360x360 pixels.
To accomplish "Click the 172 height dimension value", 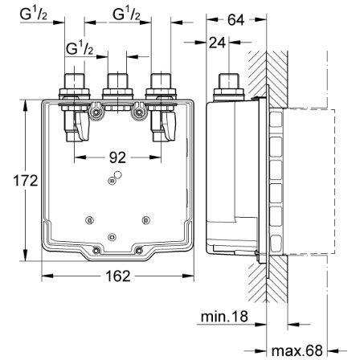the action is tap(26, 181).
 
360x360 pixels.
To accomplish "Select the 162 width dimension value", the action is tap(118, 276).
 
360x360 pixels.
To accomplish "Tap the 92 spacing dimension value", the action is tap(117, 157).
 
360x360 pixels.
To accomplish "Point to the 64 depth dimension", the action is tap(236, 20).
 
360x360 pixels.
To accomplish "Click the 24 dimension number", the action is tap(217, 43).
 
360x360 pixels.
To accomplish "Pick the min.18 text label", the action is tap(224, 317).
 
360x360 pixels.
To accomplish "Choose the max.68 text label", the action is tap(297, 350).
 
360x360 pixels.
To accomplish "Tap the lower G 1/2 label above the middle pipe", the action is tap(80, 48).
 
